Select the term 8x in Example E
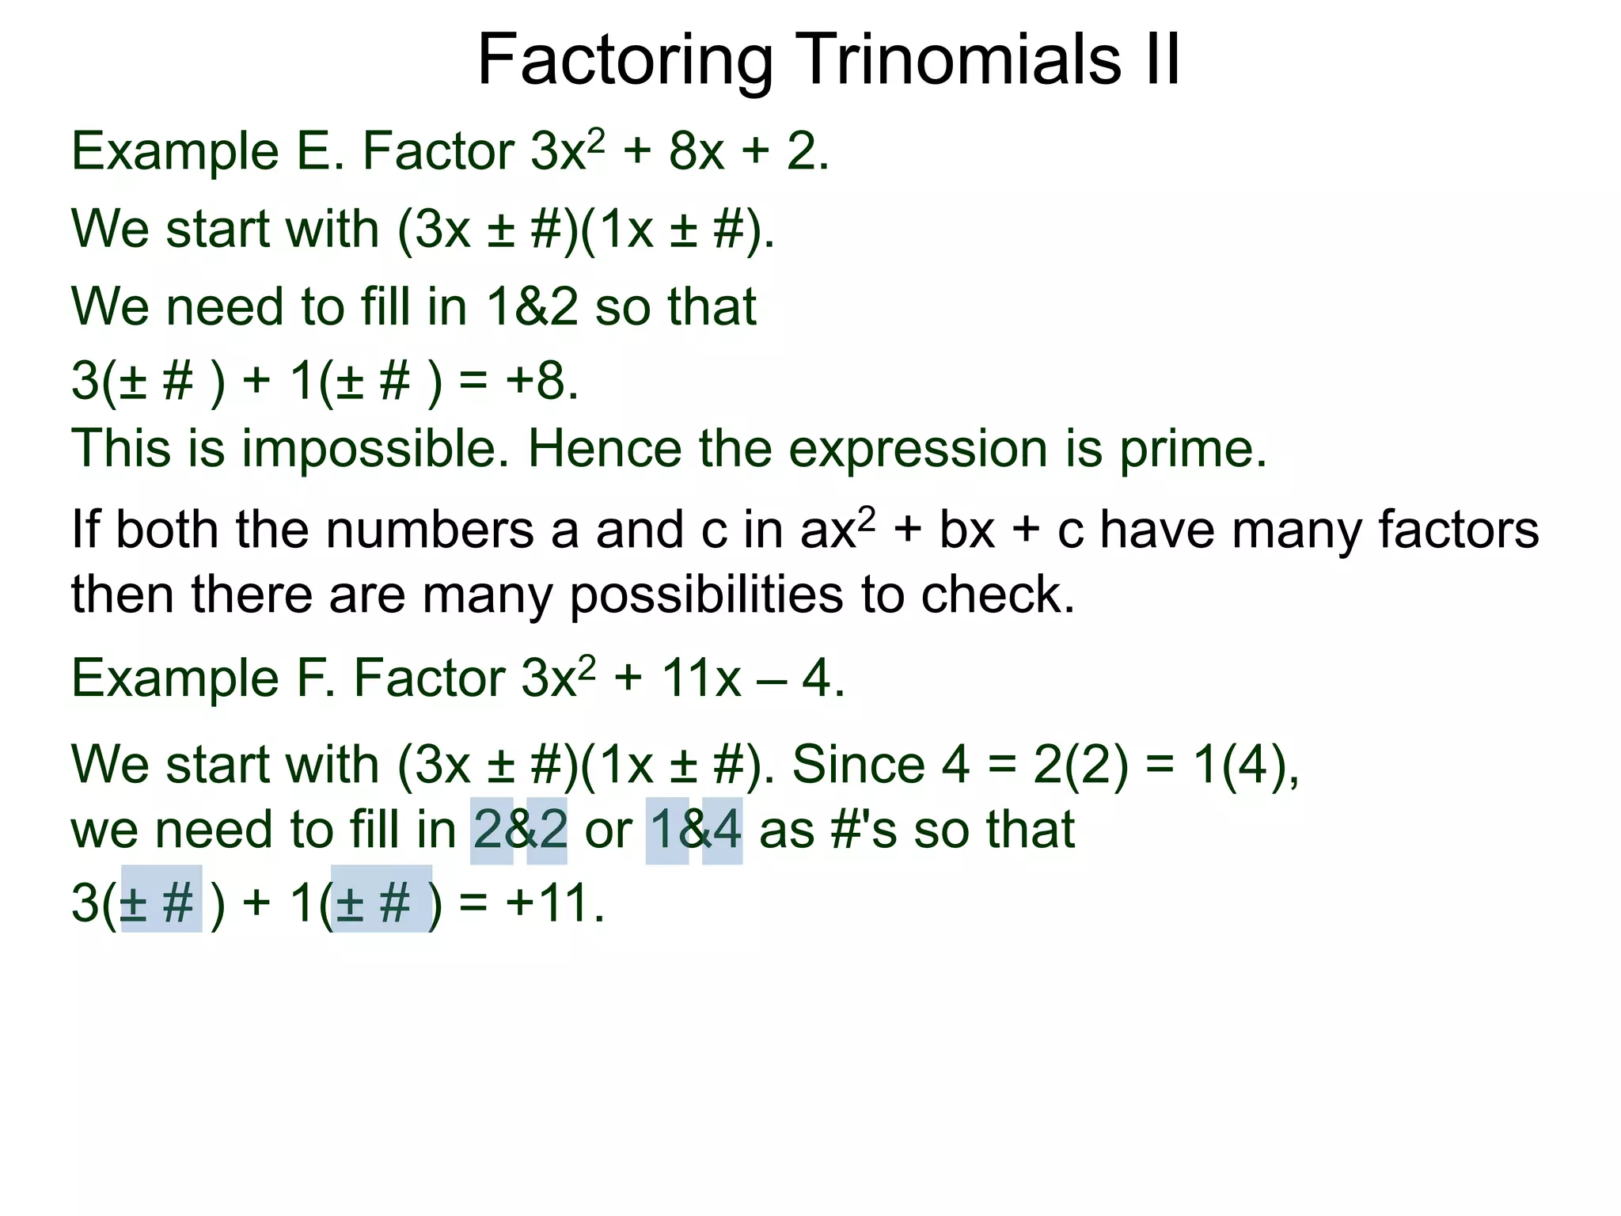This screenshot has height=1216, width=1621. pos(697,151)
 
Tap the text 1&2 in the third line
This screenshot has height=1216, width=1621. pos(532,306)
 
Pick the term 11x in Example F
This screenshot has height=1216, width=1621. pos(701,678)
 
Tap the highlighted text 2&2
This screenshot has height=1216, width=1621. pos(520,830)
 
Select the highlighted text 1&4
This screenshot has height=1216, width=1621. pos(695,830)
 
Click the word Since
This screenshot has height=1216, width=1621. pos(858,765)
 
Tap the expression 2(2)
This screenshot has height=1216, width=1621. pos(1081,765)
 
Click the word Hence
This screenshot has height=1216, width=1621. pos(605,449)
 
